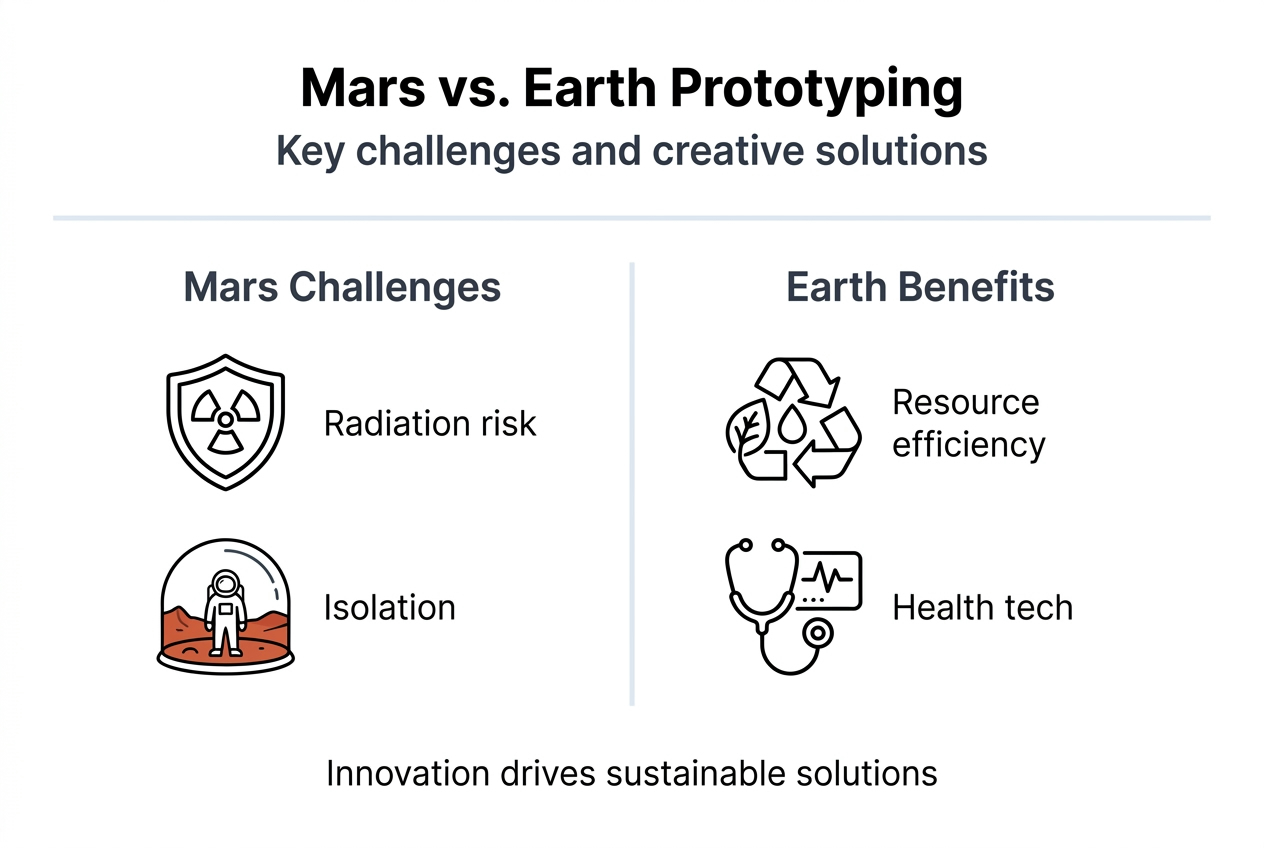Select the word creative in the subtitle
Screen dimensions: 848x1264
734,151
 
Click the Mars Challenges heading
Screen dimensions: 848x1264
342,288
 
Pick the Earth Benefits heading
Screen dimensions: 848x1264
920,288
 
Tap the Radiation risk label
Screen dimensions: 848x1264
430,424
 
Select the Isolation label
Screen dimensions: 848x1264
389,608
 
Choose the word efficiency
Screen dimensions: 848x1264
968,445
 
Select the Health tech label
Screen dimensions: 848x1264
981,608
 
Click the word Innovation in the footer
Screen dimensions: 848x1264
407,774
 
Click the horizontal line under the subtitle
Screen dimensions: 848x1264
632,217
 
